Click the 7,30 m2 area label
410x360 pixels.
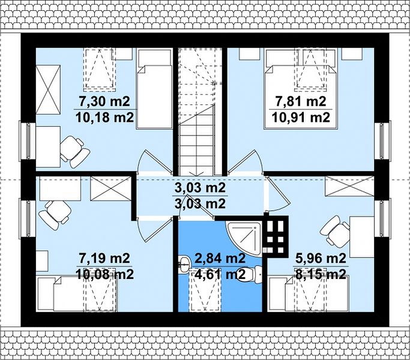click(104, 101)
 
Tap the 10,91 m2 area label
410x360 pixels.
click(301, 118)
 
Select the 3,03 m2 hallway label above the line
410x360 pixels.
click(200, 188)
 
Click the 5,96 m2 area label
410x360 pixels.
click(321, 259)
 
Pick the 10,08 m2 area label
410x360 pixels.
click(104, 275)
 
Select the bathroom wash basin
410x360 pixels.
click(185, 263)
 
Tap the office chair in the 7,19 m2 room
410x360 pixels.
click(55, 214)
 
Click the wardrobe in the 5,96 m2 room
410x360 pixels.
click(349, 186)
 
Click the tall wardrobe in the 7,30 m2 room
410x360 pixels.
click(48, 89)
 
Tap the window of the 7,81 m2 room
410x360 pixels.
click(382, 141)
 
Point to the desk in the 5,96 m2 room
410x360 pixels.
click(362, 236)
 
